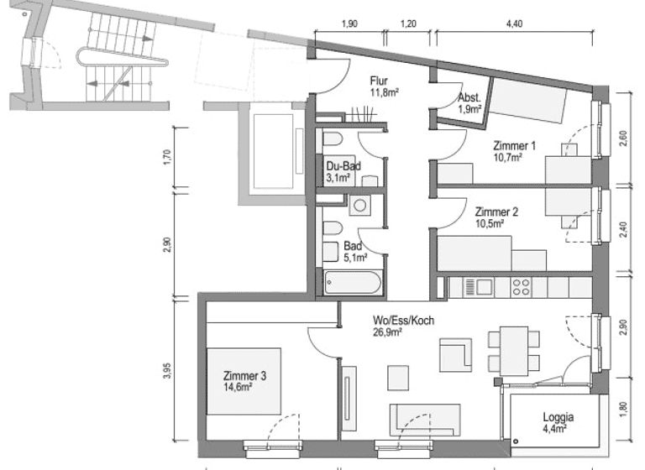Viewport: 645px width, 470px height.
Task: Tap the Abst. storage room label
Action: (468, 98)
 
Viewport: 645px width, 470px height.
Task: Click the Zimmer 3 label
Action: (244, 376)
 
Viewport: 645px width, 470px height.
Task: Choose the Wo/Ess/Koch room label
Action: (404, 320)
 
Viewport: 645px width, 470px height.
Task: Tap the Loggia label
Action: (558, 416)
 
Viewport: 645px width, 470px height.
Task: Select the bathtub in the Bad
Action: (352, 282)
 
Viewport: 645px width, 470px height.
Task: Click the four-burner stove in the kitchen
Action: (522, 287)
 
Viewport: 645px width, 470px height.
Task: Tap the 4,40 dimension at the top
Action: (514, 23)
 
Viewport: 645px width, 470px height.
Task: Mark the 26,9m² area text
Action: (387, 332)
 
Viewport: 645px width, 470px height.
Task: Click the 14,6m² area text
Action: (239, 388)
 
